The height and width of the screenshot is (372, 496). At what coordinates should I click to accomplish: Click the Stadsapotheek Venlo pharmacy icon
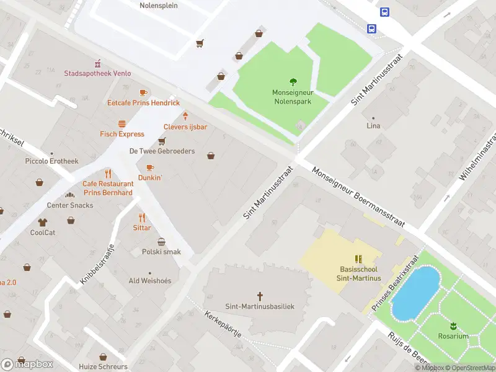pos(97,63)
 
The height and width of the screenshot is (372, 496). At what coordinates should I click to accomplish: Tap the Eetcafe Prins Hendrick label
pos(143,103)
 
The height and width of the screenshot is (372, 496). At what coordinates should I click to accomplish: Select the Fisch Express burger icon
pos(122,123)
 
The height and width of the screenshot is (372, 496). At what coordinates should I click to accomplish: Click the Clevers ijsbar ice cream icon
pos(185,116)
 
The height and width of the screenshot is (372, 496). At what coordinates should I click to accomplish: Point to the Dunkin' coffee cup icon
pos(149,167)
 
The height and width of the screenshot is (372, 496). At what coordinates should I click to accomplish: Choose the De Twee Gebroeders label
pos(162,151)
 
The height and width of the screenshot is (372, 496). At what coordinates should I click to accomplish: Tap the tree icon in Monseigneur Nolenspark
pos(293,82)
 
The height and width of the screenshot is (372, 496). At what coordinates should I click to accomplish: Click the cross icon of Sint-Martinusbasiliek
pos(260,296)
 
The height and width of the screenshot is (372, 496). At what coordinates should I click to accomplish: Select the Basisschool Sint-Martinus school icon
pos(358,259)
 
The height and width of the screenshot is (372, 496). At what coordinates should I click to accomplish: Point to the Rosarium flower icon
pos(453,325)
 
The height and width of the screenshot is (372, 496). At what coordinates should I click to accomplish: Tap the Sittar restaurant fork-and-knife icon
pos(142,218)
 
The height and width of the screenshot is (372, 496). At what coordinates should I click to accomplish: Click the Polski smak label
pos(161,252)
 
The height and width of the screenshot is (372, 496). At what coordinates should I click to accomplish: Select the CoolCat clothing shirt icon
pos(43,222)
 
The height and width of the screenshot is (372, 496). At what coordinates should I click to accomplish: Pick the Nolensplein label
pos(159,6)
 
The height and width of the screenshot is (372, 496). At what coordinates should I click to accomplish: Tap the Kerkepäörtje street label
pos(224,324)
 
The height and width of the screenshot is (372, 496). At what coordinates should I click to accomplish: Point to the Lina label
pos(373,126)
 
